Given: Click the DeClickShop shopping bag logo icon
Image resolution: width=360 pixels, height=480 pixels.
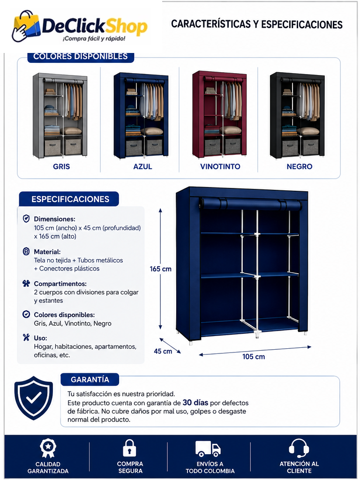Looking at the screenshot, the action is coord(26,26).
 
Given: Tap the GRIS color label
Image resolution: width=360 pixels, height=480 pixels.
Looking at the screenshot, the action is coord(61,166).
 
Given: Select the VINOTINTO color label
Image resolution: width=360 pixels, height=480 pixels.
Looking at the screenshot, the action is coord(220,166).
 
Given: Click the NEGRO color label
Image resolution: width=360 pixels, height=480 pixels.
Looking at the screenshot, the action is coord(300,166).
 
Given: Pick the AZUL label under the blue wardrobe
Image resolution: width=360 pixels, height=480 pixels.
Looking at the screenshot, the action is coord(142,166).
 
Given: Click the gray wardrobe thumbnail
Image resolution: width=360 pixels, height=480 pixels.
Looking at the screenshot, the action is coord(60,116).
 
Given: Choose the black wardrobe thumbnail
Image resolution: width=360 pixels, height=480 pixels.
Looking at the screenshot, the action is coord(297,115).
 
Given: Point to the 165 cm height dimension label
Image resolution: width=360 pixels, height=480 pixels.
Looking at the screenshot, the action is coord(160,269).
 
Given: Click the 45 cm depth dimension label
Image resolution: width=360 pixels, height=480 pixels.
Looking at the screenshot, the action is coord(163,351).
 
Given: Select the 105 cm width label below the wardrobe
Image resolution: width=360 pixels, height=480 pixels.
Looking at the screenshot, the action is coord(254,357).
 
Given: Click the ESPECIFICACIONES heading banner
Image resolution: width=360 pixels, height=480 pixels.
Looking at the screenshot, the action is coord(69,199).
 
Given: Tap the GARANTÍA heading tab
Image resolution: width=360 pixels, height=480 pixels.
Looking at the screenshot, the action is coord(90,380).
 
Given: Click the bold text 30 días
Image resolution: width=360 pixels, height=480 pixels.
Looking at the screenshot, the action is coord(195,402).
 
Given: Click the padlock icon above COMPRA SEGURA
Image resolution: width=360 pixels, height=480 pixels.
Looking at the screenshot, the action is coord(129,448).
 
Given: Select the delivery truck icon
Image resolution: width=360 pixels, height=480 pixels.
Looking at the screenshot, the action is coord(208,449).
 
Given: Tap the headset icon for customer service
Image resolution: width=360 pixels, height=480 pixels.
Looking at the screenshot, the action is coord(299,449).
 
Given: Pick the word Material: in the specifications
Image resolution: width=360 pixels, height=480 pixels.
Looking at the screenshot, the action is coord(47,252).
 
